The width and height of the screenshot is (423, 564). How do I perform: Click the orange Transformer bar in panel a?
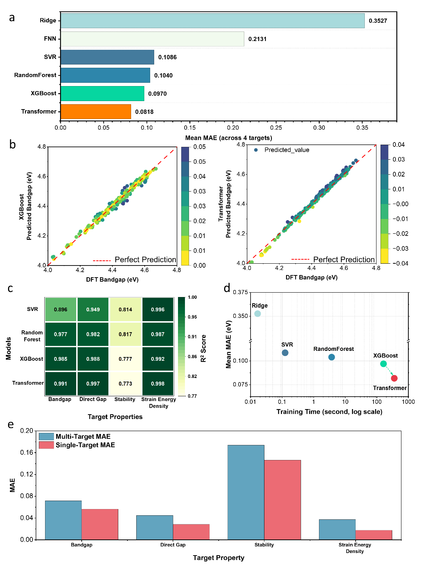pyautogui.click(x=96, y=112)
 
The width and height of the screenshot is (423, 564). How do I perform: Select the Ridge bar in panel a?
pyautogui.click(x=212, y=21)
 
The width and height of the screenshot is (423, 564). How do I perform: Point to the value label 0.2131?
pyautogui.click(x=257, y=39)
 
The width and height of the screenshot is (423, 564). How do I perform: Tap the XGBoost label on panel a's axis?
pyautogui.click(x=44, y=93)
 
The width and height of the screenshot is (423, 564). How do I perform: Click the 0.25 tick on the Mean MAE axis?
pyautogui.click(x=276, y=128)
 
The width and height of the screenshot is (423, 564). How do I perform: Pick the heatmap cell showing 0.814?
pyautogui.click(x=125, y=309)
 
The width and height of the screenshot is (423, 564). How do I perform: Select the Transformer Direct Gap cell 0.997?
pyautogui.click(x=93, y=383)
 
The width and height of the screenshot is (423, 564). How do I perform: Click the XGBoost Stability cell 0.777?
pyautogui.click(x=125, y=359)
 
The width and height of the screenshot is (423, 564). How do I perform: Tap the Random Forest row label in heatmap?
pyautogui.click(x=32, y=336)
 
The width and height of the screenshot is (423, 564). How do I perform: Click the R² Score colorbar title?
pyautogui.click(x=204, y=348)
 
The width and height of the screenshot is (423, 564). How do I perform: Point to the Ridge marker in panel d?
pyautogui.click(x=257, y=314)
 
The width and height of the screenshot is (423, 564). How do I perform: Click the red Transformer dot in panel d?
pyautogui.click(x=394, y=378)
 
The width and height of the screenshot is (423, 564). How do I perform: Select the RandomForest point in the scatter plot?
pyautogui.click(x=331, y=357)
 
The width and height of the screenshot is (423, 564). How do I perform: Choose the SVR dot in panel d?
pyautogui.click(x=285, y=353)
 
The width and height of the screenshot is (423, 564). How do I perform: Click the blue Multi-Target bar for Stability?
pyautogui.click(x=246, y=492)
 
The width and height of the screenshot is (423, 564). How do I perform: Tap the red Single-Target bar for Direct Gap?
pyautogui.click(x=191, y=532)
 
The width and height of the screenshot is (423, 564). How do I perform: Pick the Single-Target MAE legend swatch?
pyautogui.click(x=46, y=445)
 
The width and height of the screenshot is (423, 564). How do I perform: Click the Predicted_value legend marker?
pyautogui.click(x=256, y=150)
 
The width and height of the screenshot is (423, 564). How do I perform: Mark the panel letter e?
pyautogui.click(x=11, y=424)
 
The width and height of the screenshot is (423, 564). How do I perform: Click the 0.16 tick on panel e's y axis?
pyautogui.click(x=26, y=453)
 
